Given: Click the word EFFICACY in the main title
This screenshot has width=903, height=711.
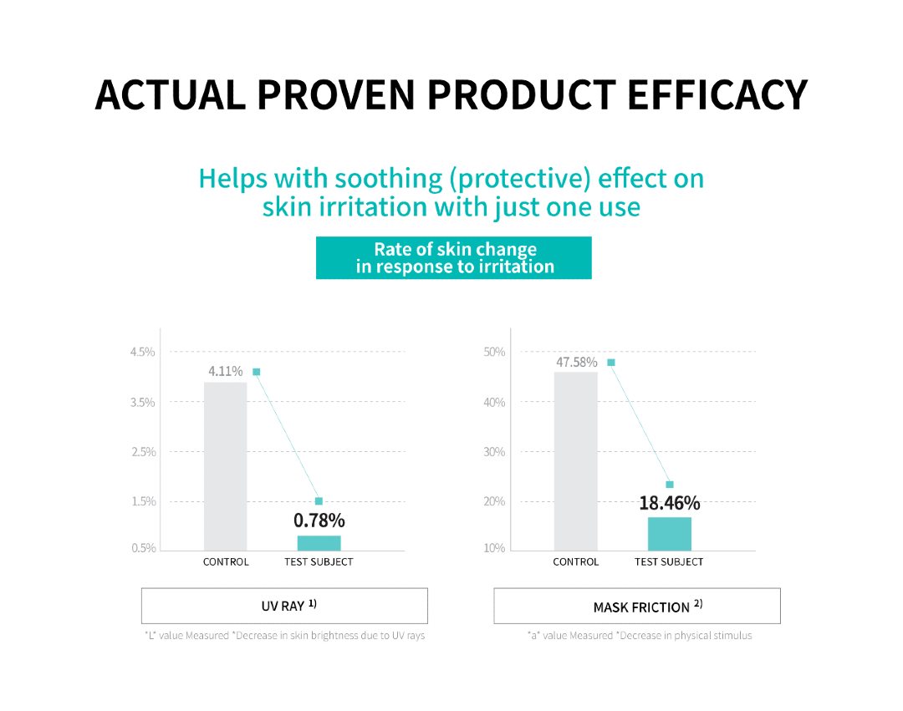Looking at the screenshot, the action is click(717, 95).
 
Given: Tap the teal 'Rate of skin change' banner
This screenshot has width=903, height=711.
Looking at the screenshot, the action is click(454, 257).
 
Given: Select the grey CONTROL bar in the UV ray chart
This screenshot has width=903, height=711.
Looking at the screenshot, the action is click(225, 466).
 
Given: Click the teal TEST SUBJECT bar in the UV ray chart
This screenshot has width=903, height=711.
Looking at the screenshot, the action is click(319, 543).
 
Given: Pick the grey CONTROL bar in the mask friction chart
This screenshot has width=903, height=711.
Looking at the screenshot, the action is click(576, 461).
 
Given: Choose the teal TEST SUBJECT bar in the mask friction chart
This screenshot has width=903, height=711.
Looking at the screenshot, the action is click(669, 534).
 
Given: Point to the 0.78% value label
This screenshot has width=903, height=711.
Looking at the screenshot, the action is click(319, 521).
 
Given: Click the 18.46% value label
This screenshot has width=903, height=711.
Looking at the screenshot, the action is click(670, 503).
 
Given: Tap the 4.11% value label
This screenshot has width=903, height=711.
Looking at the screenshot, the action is click(225, 371).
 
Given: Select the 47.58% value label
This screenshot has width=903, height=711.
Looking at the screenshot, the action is click(576, 362).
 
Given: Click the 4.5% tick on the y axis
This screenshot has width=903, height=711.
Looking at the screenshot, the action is click(143, 352).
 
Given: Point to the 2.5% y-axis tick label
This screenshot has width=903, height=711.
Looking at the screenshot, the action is click(144, 451).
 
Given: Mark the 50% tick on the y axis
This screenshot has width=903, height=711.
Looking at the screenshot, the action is click(494, 352).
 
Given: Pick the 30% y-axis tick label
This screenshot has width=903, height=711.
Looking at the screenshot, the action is click(494, 451).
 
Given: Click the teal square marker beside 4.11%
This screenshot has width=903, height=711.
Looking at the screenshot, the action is click(257, 372).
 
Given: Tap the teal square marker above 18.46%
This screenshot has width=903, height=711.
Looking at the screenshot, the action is click(670, 485).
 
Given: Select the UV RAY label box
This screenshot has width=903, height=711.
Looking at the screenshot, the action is click(284, 606).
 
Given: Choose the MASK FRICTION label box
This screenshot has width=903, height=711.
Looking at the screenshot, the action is click(637, 606).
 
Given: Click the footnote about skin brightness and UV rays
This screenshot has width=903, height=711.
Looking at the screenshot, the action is click(284, 636).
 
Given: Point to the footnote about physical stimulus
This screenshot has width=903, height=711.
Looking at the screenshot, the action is click(640, 636).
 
